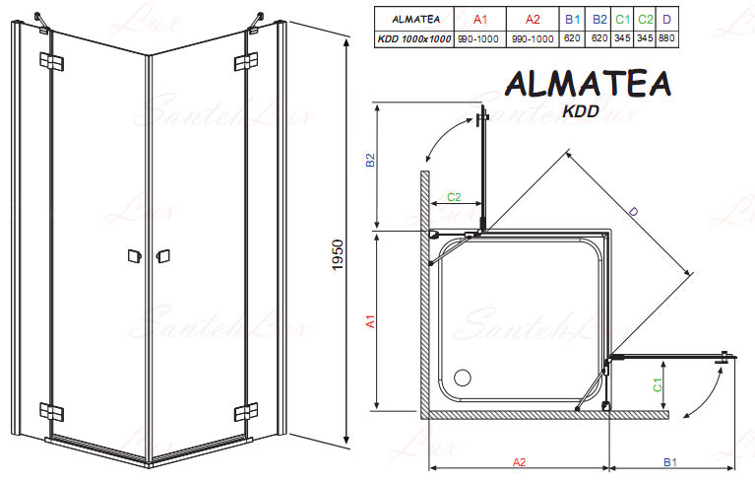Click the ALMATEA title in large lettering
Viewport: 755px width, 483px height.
[588, 84]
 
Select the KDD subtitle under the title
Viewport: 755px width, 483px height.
[581, 111]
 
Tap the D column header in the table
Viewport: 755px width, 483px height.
[666, 20]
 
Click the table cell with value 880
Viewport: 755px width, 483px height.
[666, 38]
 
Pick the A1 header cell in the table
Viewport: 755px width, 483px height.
[480, 20]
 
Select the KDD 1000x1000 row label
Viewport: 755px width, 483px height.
[414, 39]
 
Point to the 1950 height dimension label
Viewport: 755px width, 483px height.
[338, 255]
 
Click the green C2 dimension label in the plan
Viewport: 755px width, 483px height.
[454, 197]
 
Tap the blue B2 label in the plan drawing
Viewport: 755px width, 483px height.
[370, 160]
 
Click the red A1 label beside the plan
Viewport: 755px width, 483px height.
[370, 321]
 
